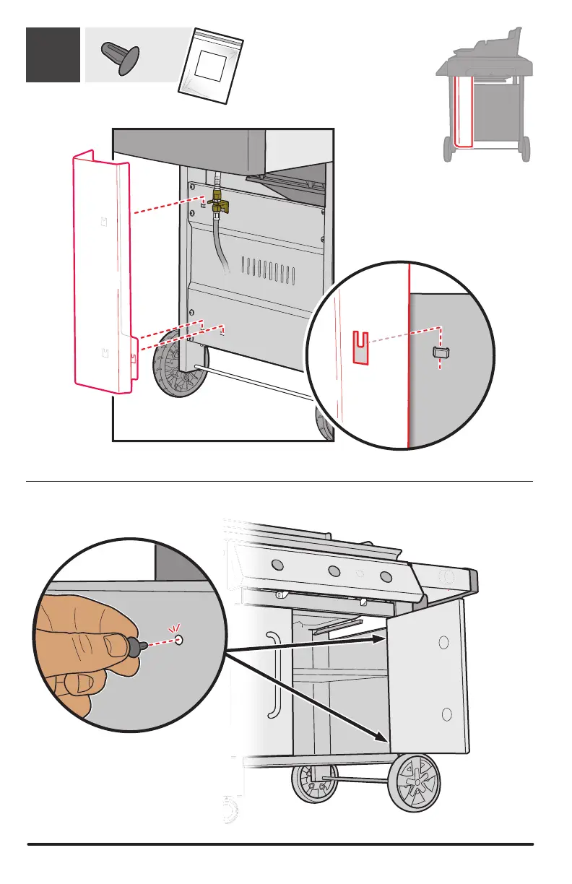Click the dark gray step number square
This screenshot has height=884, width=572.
point(53,55)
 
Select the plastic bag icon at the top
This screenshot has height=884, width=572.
point(211,63)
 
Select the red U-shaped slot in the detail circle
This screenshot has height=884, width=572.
point(361,346)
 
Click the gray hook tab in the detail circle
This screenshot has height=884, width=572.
point(439,352)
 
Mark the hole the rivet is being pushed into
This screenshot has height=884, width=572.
point(179,639)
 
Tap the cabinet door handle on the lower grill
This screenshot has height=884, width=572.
point(273,675)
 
